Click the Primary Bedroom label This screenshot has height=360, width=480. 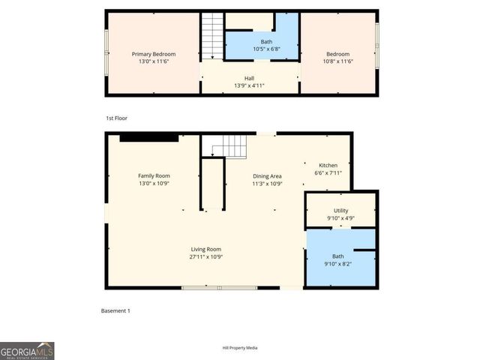pyautogui.click(x=154, y=54)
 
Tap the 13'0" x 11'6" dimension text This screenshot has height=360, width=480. pyautogui.click(x=154, y=61)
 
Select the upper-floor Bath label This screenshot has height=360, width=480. pyautogui.click(x=266, y=42)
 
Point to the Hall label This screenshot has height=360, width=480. pyautogui.click(x=249, y=78)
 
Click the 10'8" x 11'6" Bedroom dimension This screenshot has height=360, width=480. pyautogui.click(x=337, y=61)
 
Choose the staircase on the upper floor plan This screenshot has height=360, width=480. pyautogui.click(x=212, y=35)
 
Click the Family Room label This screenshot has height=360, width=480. pyautogui.click(x=154, y=175)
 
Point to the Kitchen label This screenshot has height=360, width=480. pyautogui.click(x=328, y=165)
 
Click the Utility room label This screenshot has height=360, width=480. pyautogui.click(x=340, y=211)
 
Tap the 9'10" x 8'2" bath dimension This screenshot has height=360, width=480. pyautogui.click(x=338, y=263)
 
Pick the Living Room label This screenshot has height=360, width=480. pyautogui.click(x=205, y=249)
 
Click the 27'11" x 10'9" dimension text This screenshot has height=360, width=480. pyautogui.click(x=205, y=256)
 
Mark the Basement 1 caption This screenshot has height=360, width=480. pyautogui.click(x=115, y=310)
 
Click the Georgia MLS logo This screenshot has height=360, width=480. pyautogui.click(x=27, y=351)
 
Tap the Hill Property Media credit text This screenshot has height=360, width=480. pyautogui.click(x=240, y=348)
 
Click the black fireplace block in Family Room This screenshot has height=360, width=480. pyautogui.click(x=148, y=137)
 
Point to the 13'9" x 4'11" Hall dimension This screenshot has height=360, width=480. pyautogui.click(x=249, y=85)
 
